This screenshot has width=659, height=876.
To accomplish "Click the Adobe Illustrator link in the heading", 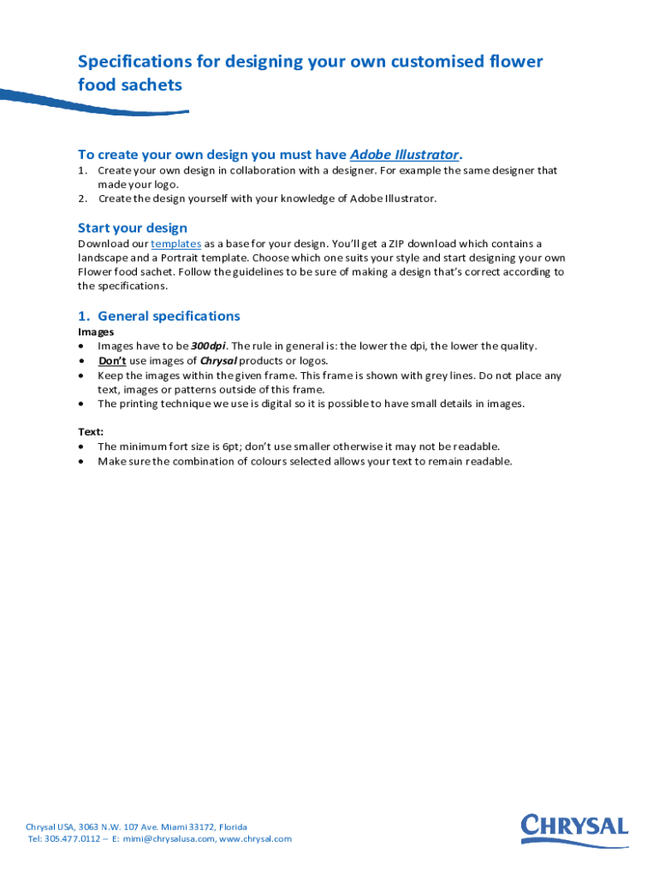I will (404, 155).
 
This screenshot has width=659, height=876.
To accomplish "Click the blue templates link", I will (175, 244).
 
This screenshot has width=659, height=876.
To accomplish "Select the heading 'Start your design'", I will (132, 228).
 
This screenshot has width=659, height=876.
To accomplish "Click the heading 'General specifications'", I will (169, 316).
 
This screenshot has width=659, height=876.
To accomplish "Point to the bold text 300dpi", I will (208, 346).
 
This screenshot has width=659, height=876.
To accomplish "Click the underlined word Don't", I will (112, 361).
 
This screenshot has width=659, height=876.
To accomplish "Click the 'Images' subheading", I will (96, 332).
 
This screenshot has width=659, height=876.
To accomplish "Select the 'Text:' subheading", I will (92, 432).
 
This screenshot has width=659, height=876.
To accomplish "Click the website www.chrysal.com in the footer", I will (255, 839).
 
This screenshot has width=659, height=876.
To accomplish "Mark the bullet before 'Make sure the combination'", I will (81, 462).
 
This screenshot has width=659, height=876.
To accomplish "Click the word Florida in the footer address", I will (233, 827).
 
